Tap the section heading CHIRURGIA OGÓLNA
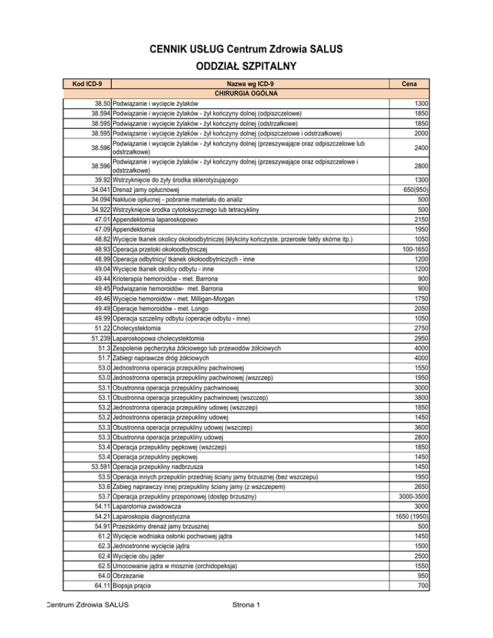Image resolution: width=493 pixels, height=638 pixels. tap(250, 93)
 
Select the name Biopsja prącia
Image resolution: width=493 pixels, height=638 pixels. tap(135, 585)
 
